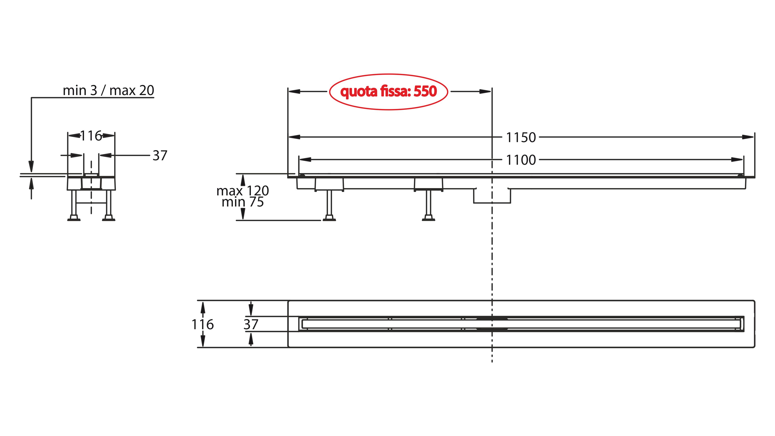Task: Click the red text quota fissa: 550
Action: (x=388, y=91)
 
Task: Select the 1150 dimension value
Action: (x=521, y=137)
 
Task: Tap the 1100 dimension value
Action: (x=521, y=160)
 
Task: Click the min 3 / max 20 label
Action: (x=108, y=90)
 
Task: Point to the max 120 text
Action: (x=242, y=191)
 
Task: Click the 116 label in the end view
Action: (x=91, y=136)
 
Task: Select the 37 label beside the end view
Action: (x=160, y=156)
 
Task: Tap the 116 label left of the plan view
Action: (x=202, y=324)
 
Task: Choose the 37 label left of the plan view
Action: (x=251, y=324)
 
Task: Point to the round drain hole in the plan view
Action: (x=492, y=324)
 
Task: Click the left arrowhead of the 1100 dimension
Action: (x=305, y=159)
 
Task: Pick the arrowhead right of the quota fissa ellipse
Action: (x=485, y=91)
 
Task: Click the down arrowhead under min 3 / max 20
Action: (x=31, y=166)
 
